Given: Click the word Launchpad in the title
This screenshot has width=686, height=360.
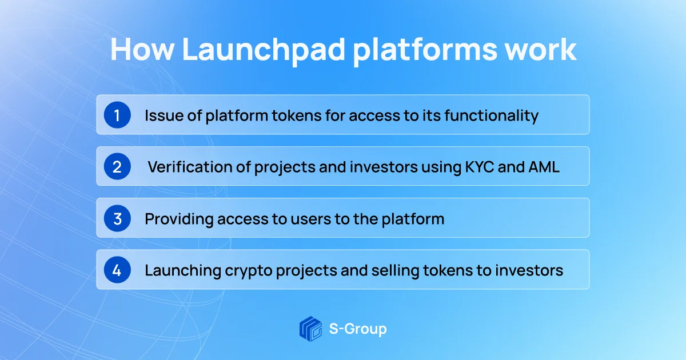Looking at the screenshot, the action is (x=264, y=50).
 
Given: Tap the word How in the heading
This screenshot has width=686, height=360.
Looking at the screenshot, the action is (x=142, y=50).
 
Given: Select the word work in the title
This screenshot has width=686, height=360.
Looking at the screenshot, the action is (x=541, y=50).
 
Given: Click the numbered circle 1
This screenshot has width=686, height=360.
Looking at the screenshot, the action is (x=117, y=115).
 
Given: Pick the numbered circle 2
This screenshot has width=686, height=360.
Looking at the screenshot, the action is (x=117, y=166).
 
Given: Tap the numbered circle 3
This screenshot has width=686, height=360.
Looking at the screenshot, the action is (x=117, y=218).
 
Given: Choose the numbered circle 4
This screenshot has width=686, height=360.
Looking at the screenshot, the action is (x=117, y=270).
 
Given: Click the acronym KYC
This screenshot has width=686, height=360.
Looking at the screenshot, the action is (x=479, y=167).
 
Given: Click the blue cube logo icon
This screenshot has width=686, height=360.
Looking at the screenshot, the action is (x=310, y=329).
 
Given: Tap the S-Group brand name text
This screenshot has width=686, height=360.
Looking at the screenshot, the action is (x=358, y=329).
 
